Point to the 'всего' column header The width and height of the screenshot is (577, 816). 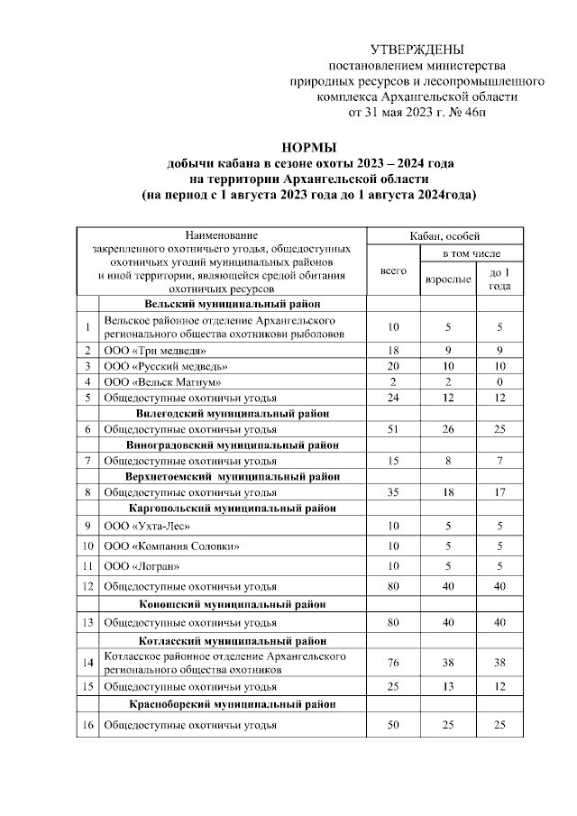(x=393, y=270)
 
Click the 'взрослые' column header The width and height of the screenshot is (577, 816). (x=447, y=279)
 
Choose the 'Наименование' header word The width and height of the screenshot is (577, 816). (x=221, y=234)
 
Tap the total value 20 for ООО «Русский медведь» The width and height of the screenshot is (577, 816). (x=393, y=366)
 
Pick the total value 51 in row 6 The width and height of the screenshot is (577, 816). (x=393, y=429)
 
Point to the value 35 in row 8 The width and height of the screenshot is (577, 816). (x=393, y=492)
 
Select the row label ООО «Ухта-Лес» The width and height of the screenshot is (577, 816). (x=148, y=526)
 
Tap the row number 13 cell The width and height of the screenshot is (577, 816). (x=87, y=622)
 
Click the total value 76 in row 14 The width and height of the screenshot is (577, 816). (x=393, y=663)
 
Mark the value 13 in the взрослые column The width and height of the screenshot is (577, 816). (x=447, y=686)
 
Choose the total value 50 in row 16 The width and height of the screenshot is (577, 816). (x=393, y=725)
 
